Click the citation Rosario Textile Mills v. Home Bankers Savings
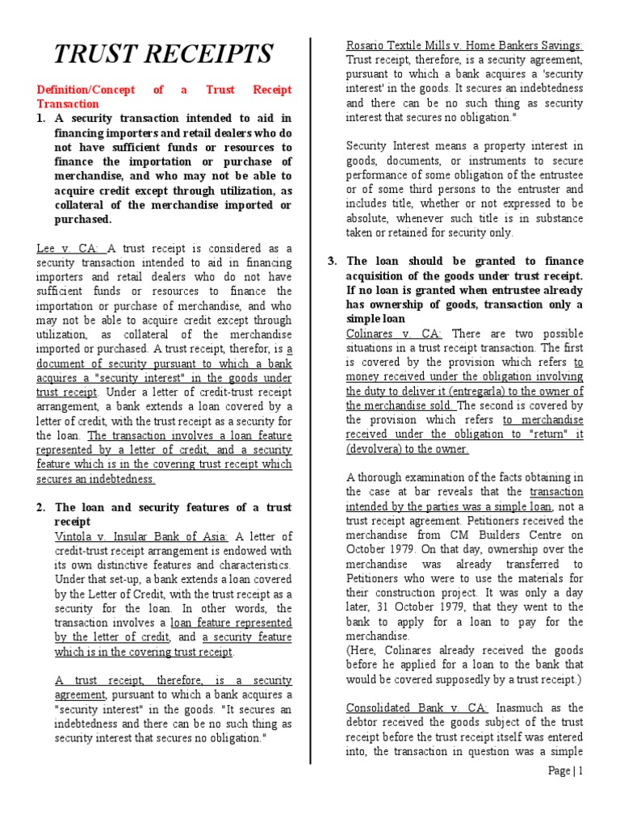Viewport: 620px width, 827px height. coord(464,45)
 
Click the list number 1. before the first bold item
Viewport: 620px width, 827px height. coord(42,119)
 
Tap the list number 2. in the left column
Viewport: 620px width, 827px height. coord(42,507)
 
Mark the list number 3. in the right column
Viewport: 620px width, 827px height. coord(332,261)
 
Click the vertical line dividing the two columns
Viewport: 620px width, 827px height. coord(311,404)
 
